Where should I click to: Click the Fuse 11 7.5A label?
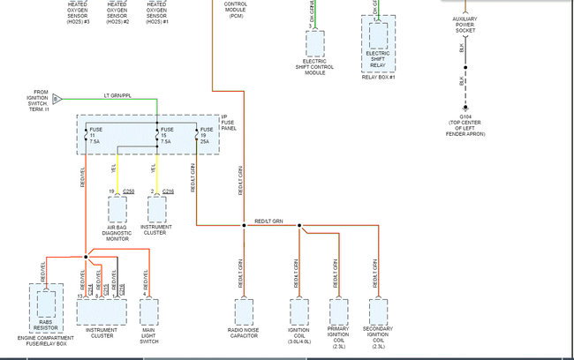[x=95, y=136]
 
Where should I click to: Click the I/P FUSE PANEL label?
[x=231, y=124]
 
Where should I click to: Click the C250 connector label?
[x=129, y=191]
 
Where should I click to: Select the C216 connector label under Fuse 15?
[x=169, y=191]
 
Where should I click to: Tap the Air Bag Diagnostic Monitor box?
[x=118, y=210]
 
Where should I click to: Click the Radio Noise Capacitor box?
[x=244, y=312]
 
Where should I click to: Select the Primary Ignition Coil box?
[x=339, y=312]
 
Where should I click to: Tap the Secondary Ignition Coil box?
[x=378, y=312]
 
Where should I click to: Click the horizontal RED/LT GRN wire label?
[x=268, y=221]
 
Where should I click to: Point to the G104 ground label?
[x=466, y=115]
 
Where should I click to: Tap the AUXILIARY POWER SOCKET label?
[x=464, y=25]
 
